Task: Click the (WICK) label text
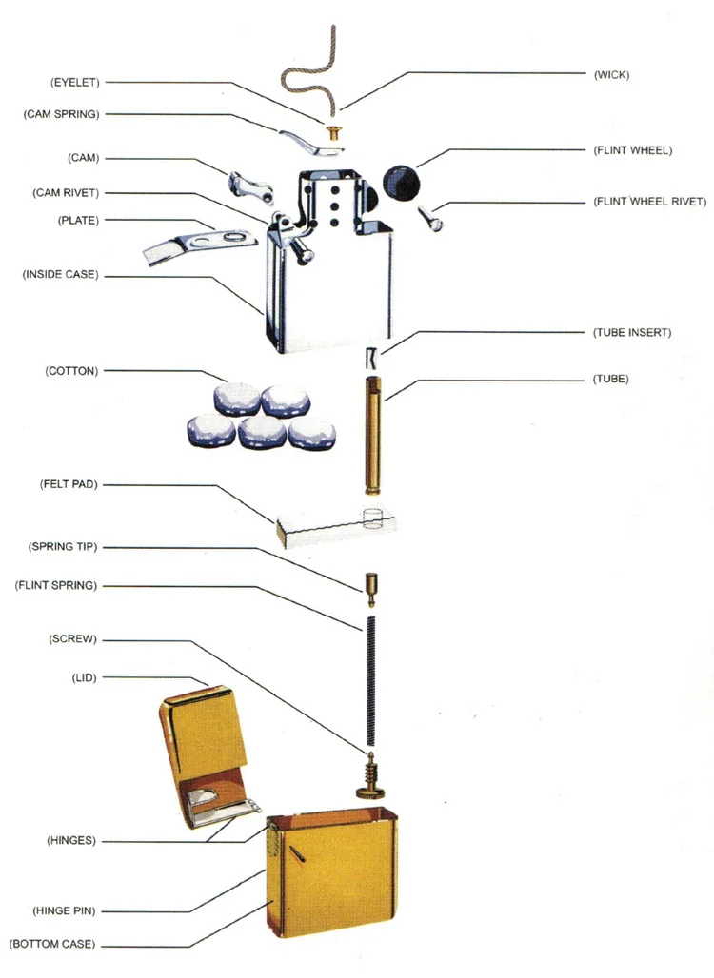point(610,73)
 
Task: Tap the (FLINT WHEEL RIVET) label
point(649,202)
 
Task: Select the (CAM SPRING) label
point(61,114)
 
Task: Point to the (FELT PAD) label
point(69,484)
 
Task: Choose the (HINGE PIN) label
point(64,910)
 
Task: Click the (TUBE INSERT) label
point(631,333)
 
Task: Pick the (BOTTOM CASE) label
point(52,945)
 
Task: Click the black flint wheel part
point(401,181)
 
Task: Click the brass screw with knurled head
point(369,775)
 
